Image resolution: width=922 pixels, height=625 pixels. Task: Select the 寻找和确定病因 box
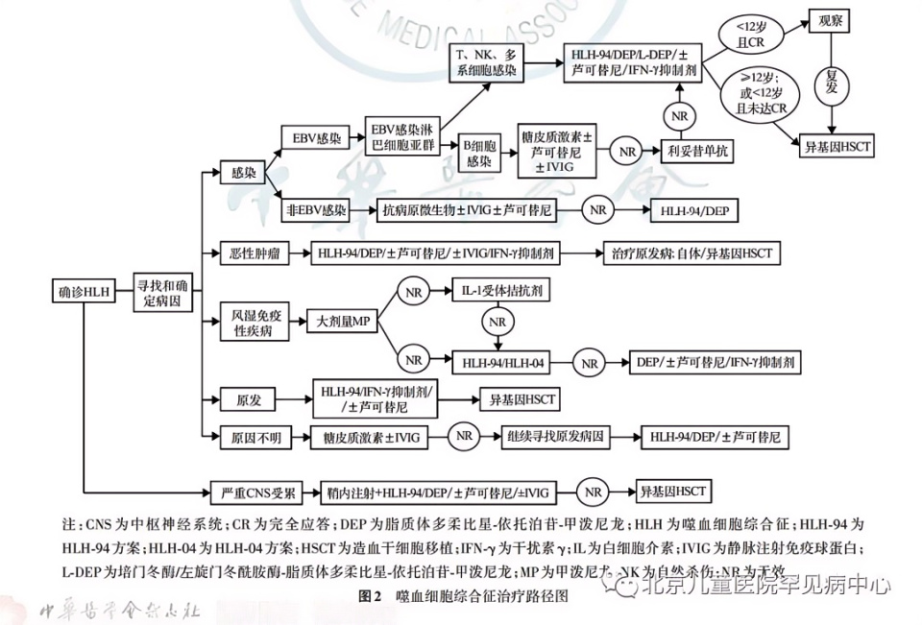click(x=160, y=290)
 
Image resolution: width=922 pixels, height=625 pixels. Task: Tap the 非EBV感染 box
click(x=314, y=208)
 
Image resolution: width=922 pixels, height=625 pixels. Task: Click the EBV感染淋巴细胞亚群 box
click(x=401, y=137)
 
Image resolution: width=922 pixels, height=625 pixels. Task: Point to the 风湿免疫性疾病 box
click(x=254, y=322)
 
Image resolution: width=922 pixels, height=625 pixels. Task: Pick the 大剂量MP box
click(x=342, y=322)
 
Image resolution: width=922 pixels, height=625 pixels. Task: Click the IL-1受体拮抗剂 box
click(x=502, y=288)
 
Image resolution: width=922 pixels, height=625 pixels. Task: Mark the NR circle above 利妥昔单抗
click(x=680, y=116)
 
